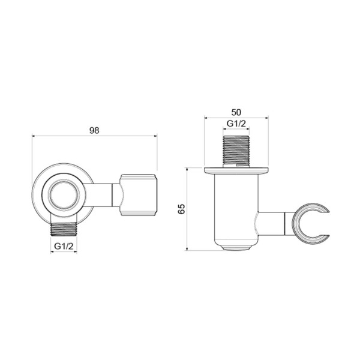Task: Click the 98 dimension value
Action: (x=94, y=130)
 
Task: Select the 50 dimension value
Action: (x=236, y=112)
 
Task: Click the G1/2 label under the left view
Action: (x=64, y=245)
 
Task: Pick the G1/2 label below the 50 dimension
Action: (x=236, y=124)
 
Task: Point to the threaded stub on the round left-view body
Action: (x=64, y=228)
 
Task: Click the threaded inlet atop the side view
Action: (x=236, y=150)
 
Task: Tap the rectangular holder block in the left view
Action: (x=139, y=195)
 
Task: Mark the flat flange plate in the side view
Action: (x=236, y=171)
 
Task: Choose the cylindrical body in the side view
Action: (x=236, y=207)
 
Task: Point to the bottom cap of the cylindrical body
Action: (x=236, y=246)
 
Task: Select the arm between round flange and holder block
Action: (x=106, y=194)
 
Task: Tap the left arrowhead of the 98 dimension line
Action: (x=34, y=136)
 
